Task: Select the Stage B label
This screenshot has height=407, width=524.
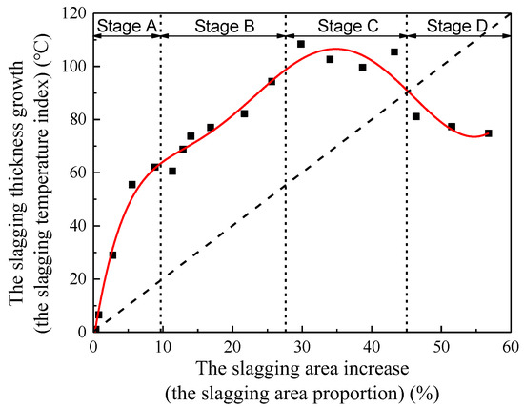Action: pyautogui.click(x=224, y=26)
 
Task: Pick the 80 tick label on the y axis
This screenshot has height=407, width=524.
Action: pyautogui.click(x=75, y=120)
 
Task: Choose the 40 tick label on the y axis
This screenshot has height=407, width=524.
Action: pyautogui.click(x=75, y=226)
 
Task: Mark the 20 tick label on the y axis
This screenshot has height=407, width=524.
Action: pyautogui.click(x=75, y=279)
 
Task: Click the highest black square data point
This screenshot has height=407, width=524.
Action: pyautogui.click(x=301, y=44)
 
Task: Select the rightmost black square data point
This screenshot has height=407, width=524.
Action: pyautogui.click(x=489, y=133)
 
